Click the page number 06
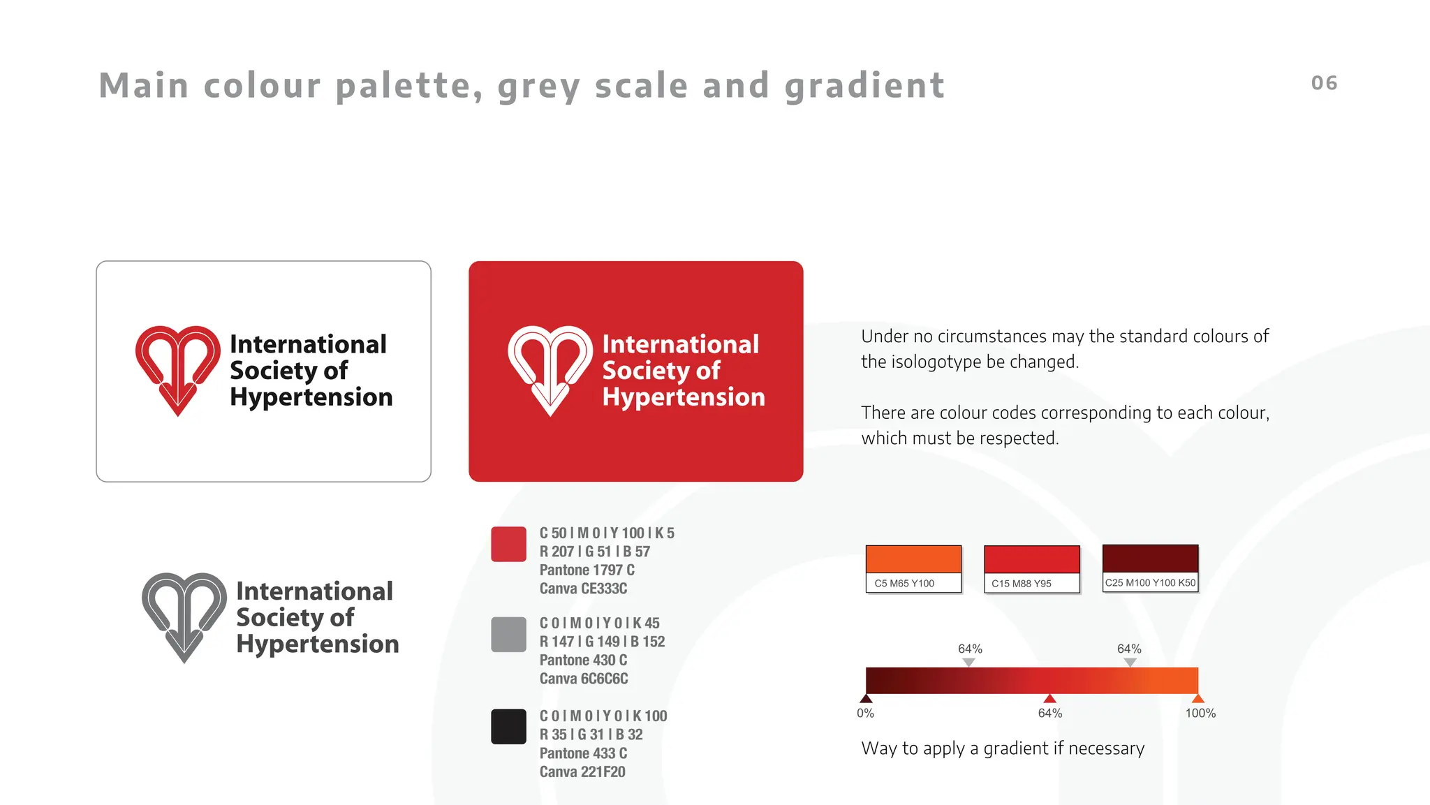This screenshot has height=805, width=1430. pyautogui.click(x=1324, y=83)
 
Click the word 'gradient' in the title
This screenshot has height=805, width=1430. pyautogui.click(x=864, y=87)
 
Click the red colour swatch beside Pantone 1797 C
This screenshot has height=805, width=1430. pyautogui.click(x=508, y=545)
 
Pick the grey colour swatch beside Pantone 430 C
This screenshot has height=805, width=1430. pyautogui.click(x=508, y=634)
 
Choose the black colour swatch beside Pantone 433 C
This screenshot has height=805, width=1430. pyautogui.click(x=508, y=727)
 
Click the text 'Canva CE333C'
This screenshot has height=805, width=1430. pyautogui.click(x=583, y=589)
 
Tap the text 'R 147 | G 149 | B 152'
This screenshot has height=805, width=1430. pyautogui.click(x=602, y=642)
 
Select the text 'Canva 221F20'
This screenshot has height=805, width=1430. pyautogui.click(x=582, y=771)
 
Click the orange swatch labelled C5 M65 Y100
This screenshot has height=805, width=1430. pyautogui.click(x=913, y=560)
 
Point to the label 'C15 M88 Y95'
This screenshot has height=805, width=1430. pyautogui.click(x=1021, y=584)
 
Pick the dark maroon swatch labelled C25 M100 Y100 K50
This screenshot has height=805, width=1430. pyautogui.click(x=1150, y=559)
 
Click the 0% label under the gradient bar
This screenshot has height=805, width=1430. pyautogui.click(x=865, y=713)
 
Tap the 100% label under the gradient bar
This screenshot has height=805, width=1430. pyautogui.click(x=1200, y=713)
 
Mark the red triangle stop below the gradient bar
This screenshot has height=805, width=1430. pyautogui.click(x=1049, y=698)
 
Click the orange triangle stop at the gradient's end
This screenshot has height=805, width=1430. pyautogui.click(x=1198, y=698)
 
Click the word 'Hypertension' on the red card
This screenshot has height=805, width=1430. pyautogui.click(x=684, y=397)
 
